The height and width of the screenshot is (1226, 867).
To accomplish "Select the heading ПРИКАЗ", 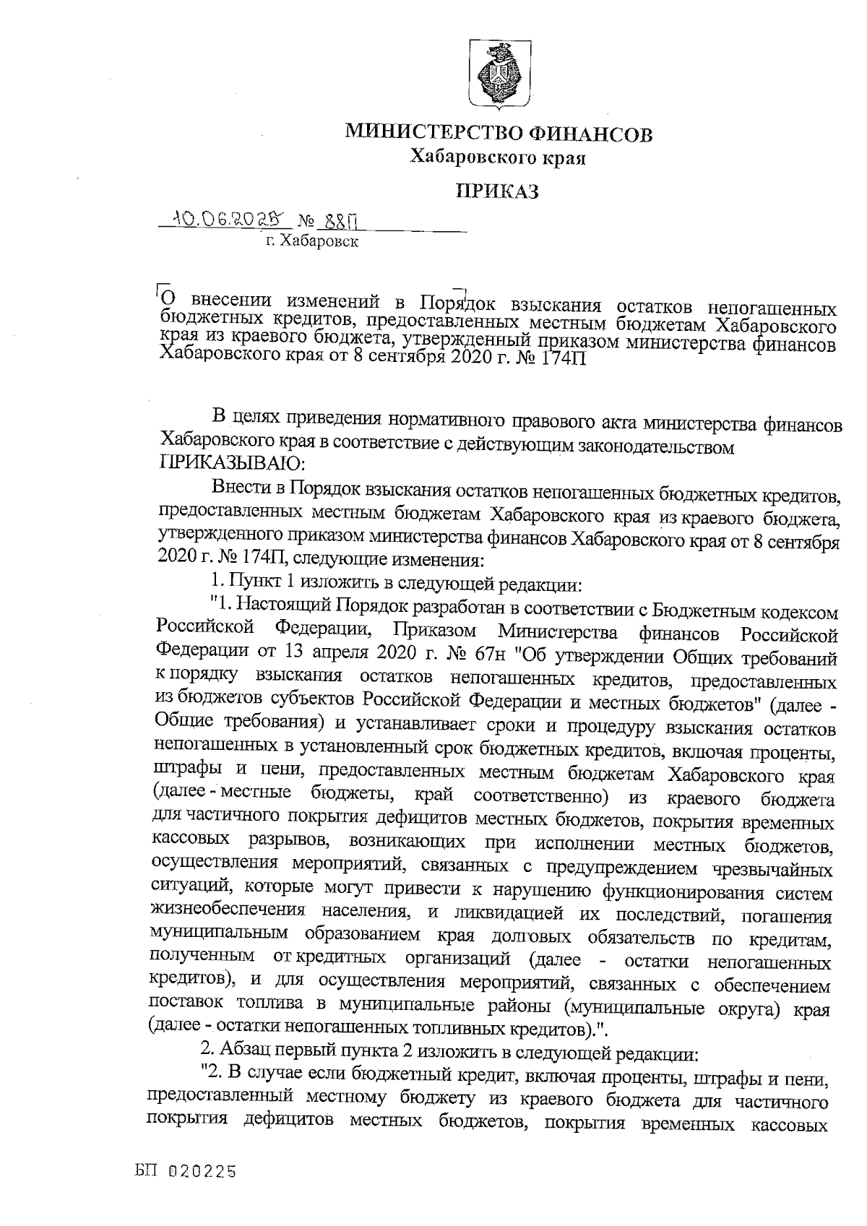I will (x=498, y=191).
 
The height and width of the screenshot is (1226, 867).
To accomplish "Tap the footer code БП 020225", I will (x=186, y=1173).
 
